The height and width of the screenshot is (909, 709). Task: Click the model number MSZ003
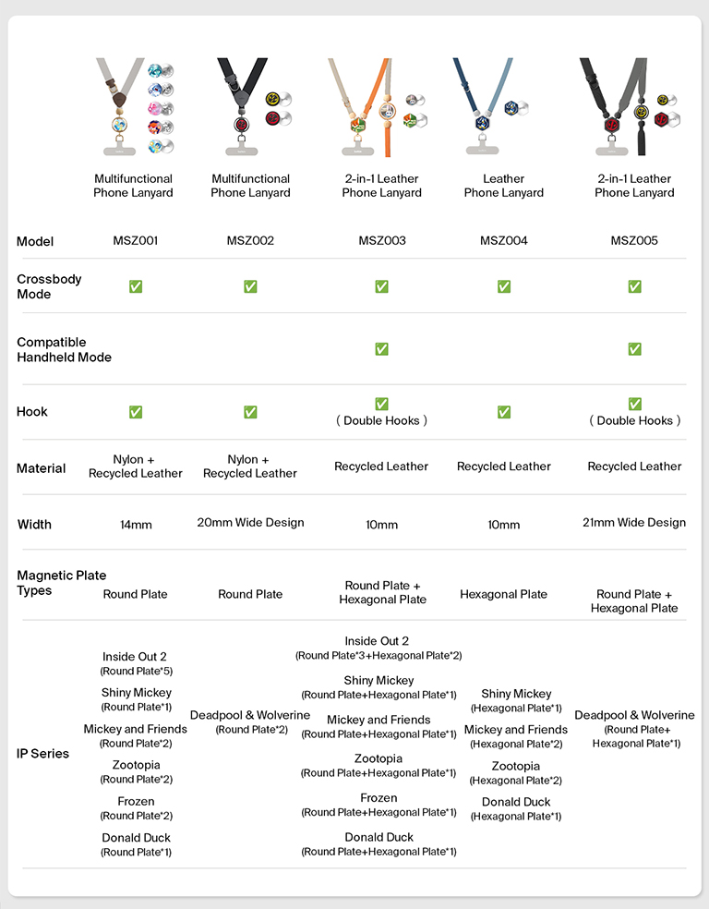(381, 241)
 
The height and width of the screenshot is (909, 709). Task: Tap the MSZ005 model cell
(634, 241)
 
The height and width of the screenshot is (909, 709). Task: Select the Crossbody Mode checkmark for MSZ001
(135, 286)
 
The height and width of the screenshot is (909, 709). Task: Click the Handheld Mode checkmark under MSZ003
(381, 349)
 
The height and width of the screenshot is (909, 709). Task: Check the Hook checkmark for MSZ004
(504, 412)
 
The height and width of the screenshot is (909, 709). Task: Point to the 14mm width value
(136, 525)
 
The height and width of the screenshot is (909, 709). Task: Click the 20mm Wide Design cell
(250, 523)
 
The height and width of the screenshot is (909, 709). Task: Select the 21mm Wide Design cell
(634, 523)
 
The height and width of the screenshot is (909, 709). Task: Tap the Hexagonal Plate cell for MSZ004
(503, 594)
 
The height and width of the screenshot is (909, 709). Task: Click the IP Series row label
(42, 754)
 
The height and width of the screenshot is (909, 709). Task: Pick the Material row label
(41, 468)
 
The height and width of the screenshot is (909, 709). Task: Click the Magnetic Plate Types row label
(61, 583)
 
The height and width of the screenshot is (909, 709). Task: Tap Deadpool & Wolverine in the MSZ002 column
(250, 715)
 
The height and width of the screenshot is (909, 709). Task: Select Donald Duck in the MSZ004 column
(516, 802)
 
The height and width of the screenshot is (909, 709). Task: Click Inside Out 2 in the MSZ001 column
(135, 657)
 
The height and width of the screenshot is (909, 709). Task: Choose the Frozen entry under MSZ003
(379, 798)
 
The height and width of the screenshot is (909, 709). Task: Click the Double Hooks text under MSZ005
(635, 420)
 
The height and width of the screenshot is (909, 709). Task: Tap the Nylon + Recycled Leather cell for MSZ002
(250, 467)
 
